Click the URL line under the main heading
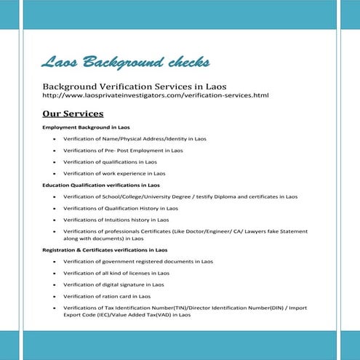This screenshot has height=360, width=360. [x=156, y=95]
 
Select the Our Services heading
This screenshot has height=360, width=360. [x=73, y=114]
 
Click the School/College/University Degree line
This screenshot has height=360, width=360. [x=180, y=196]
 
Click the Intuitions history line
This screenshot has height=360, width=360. [x=116, y=220]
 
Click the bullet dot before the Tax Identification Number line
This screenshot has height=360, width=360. [x=55, y=308]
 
